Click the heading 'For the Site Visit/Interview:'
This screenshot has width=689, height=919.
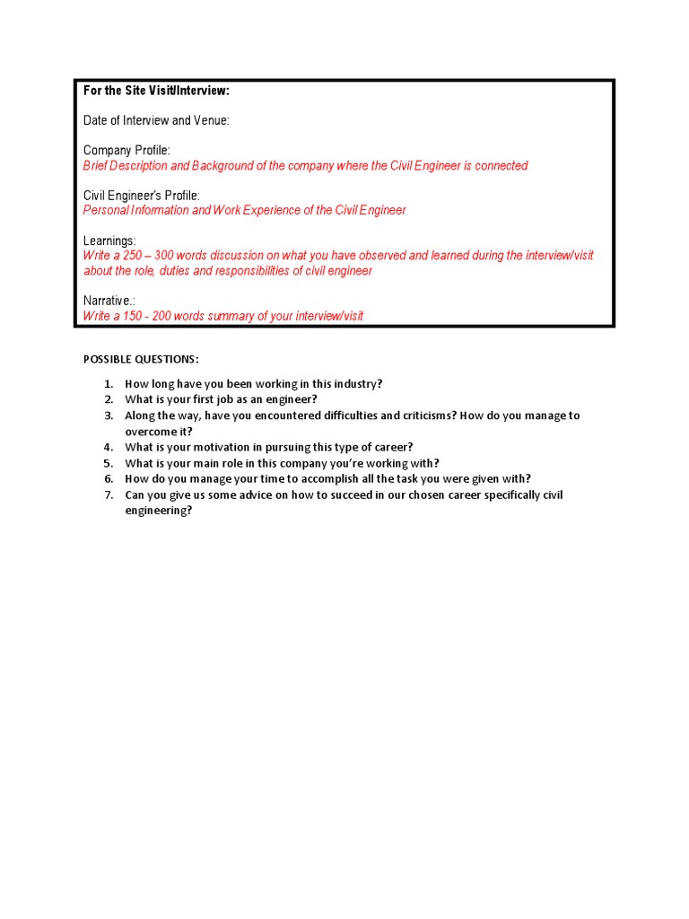tap(157, 91)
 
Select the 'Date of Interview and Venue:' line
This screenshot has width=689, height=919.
tap(156, 120)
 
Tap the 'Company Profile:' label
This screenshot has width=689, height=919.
tap(126, 150)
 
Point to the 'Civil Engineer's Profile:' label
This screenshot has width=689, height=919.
tap(141, 195)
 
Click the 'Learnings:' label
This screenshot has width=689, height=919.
tap(109, 241)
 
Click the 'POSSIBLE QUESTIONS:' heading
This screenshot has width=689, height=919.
tap(141, 359)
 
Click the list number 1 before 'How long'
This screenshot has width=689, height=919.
tap(108, 384)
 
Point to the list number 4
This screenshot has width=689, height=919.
tap(108, 447)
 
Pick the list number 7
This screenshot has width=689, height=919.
tap(108, 495)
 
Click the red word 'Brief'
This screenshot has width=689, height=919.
tap(98, 165)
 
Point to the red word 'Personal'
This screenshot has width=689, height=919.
tap(106, 210)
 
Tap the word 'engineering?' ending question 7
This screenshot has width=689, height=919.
tap(159, 511)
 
